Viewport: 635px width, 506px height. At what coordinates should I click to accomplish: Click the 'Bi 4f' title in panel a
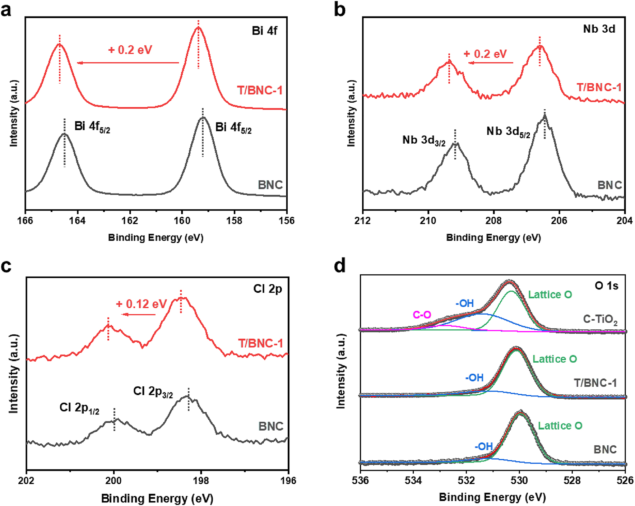[x=264, y=31]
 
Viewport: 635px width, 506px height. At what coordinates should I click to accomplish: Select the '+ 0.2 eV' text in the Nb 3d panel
[x=485, y=54]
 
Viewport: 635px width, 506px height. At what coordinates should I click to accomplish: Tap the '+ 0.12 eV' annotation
[x=141, y=304]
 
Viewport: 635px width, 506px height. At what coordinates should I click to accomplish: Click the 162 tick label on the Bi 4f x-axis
[x=130, y=220]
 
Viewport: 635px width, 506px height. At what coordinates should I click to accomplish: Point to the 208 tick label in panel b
[x=493, y=220]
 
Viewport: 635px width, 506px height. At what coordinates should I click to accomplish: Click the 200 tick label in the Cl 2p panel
[x=114, y=481]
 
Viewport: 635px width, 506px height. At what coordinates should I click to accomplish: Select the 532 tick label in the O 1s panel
[x=466, y=481]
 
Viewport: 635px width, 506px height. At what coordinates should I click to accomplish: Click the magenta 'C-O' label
[x=422, y=315]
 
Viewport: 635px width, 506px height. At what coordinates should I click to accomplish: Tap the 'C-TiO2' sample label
[x=600, y=319]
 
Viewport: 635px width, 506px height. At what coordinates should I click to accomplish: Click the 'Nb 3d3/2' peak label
[x=424, y=140]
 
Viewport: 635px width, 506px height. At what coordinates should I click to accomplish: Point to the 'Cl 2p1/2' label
[x=79, y=408]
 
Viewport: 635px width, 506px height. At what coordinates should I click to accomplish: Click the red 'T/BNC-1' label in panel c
[x=260, y=343]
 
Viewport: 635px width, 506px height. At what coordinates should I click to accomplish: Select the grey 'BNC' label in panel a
[x=270, y=185]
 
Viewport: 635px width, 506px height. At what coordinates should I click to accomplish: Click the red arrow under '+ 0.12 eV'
[x=139, y=315]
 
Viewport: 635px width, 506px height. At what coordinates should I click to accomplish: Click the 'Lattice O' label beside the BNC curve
[x=560, y=426]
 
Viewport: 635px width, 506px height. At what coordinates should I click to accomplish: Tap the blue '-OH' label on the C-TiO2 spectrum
[x=465, y=303]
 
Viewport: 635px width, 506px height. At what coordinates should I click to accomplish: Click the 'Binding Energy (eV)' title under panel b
[x=493, y=238]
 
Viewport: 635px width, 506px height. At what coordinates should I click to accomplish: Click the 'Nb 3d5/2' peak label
[x=508, y=132]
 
